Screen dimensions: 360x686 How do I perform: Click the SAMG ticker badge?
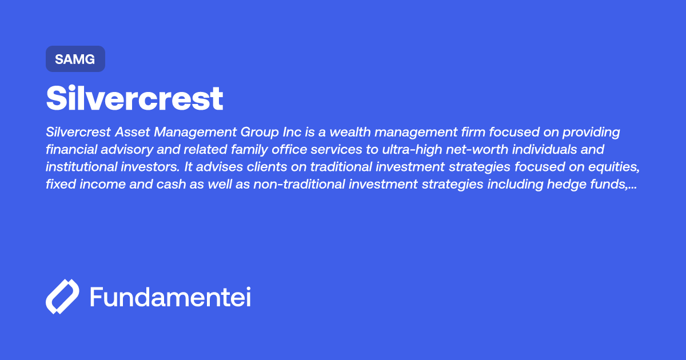pyautogui.click(x=75, y=59)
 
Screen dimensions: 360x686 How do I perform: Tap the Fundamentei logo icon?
pyautogui.click(x=62, y=297)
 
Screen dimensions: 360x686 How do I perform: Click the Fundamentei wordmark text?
pyautogui.click(x=170, y=297)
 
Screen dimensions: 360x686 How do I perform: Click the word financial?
pyautogui.click(x=70, y=150)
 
